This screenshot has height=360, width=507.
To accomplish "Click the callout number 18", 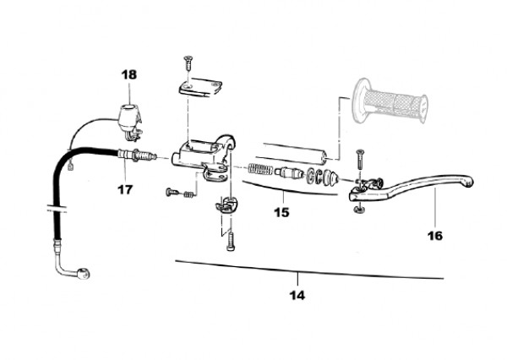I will pos(128,74).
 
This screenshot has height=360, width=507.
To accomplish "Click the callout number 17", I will pos(125,189).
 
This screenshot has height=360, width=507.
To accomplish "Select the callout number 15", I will pos(281,212).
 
